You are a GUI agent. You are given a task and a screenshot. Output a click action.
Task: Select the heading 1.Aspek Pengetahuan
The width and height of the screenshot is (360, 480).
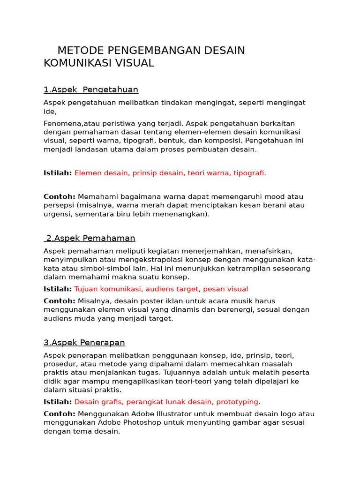pyautogui.click(x=91, y=90)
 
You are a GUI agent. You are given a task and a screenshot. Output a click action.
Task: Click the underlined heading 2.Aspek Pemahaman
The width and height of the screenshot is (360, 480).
pyautogui.click(x=90, y=238)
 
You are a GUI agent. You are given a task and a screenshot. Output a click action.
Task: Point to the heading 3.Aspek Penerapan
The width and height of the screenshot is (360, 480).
pyautogui.click(x=84, y=343)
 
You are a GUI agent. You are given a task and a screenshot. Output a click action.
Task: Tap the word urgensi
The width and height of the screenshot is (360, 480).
pyautogui.click(x=58, y=214)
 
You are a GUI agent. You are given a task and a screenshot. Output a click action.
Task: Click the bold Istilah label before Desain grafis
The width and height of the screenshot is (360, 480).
pyautogui.click(x=58, y=402)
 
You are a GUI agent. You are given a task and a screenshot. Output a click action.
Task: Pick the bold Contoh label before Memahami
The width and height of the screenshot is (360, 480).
pyautogui.click(x=60, y=196)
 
